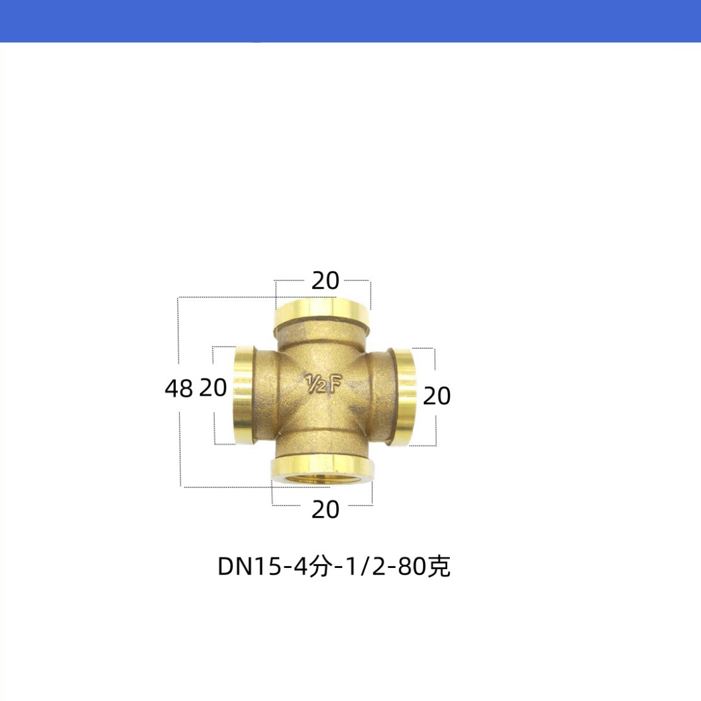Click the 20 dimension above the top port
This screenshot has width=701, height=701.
coord(325,281)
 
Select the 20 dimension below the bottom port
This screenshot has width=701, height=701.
coord(325,510)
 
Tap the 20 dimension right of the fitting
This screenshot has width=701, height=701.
coord(436,395)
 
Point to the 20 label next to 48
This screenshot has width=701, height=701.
coord(213,388)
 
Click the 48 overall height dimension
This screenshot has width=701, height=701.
coord(178,388)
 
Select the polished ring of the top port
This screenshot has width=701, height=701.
coord(323,314)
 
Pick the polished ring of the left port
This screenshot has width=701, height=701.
coord(243,396)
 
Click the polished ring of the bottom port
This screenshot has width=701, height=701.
coord(323,469)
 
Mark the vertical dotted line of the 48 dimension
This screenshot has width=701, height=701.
coord(179,441)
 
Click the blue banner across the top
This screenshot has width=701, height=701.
coord(350,21)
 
